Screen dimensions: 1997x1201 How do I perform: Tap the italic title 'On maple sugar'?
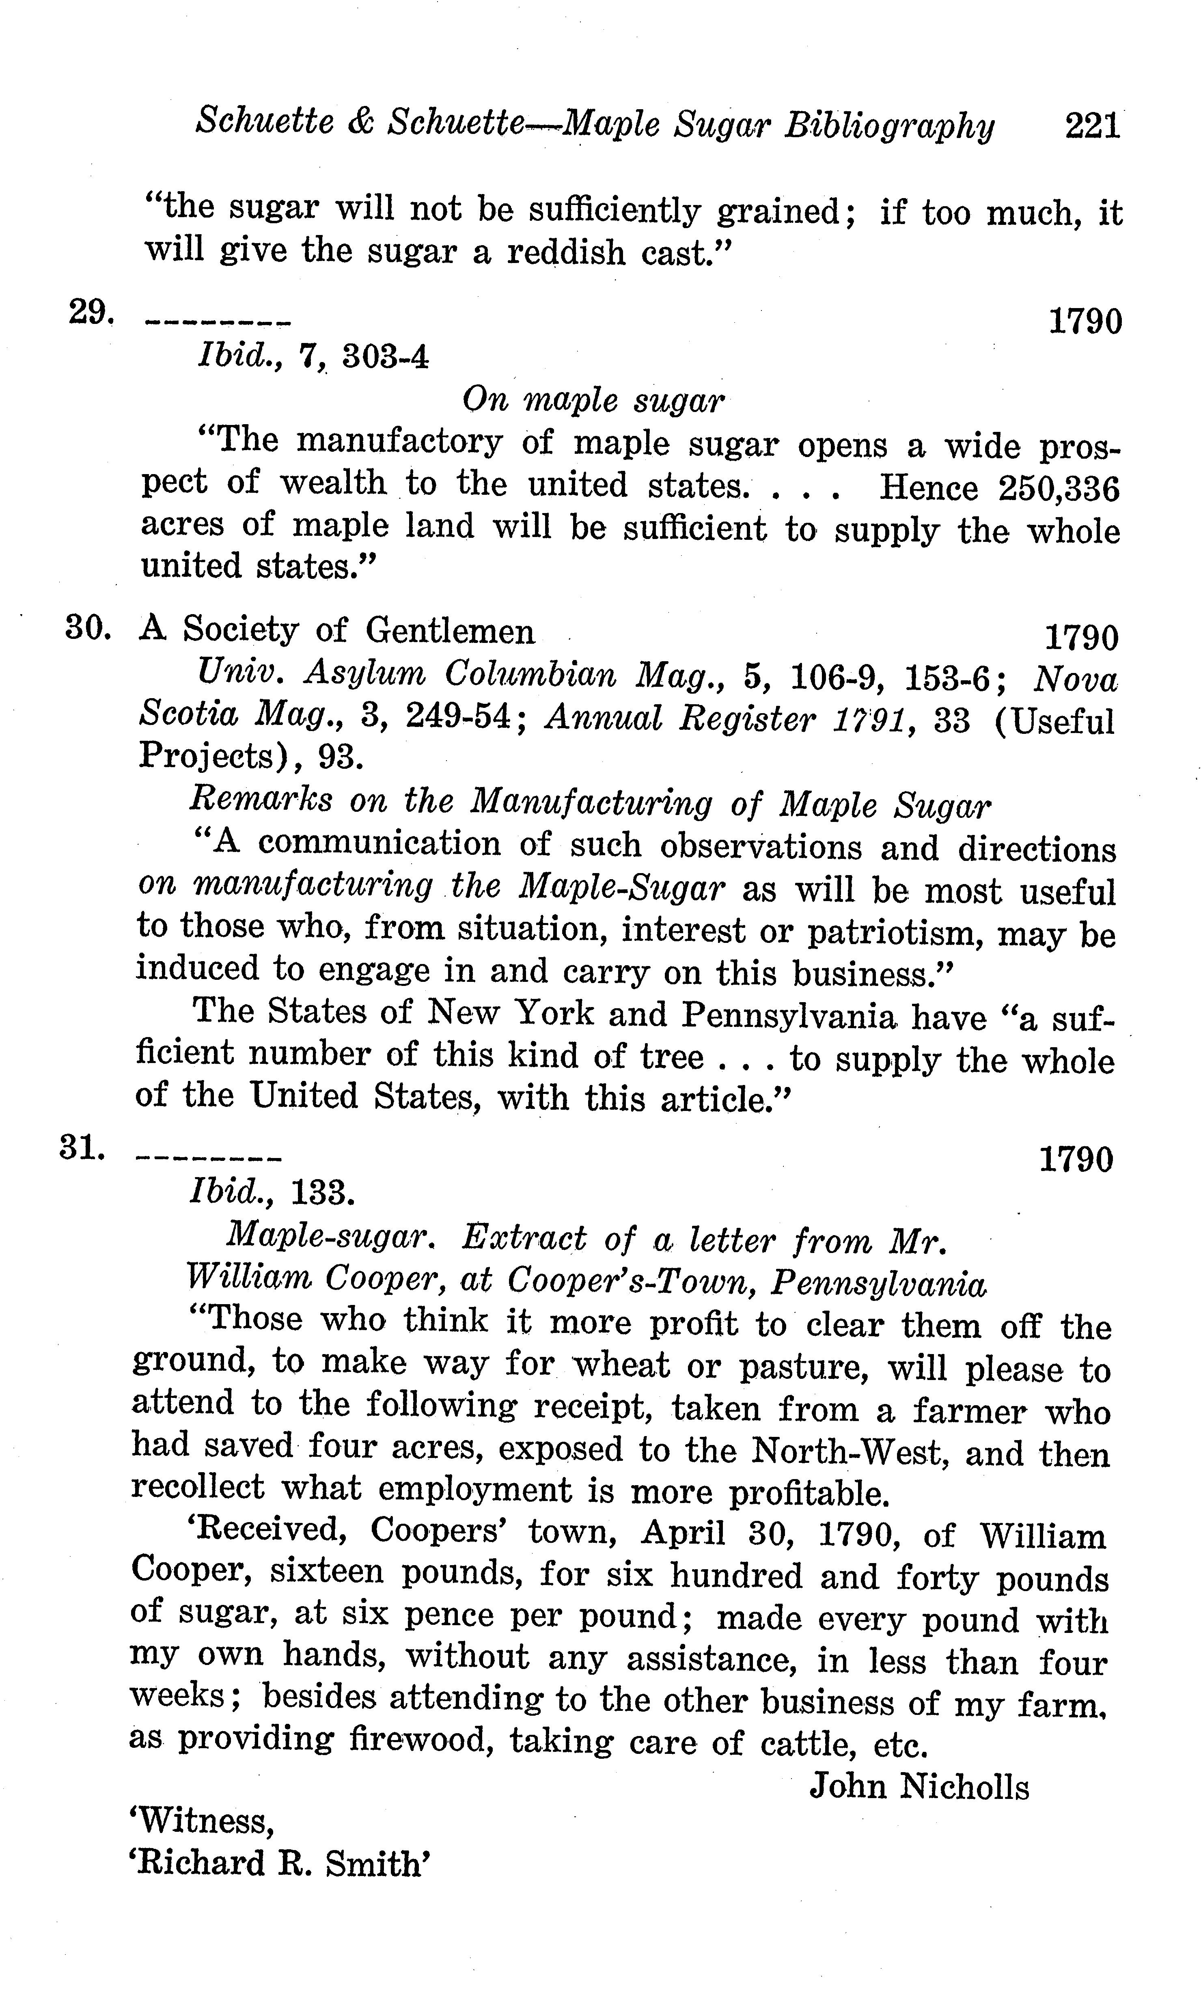pos(593,400)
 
